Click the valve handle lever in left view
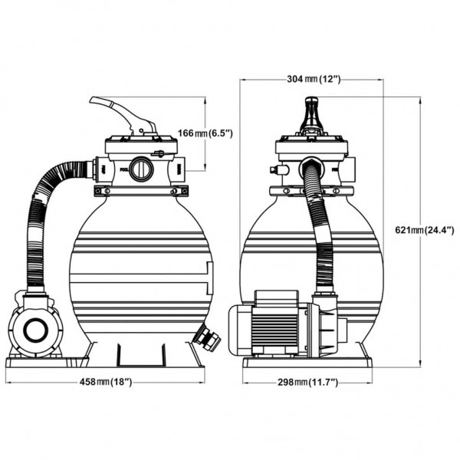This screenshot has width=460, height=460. tap(123, 113)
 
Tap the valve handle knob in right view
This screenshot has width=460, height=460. tap(312, 115)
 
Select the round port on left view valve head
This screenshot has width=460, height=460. tap(141, 169)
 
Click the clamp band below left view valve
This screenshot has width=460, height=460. tap(141, 191)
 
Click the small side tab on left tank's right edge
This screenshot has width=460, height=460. tap(210, 278)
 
